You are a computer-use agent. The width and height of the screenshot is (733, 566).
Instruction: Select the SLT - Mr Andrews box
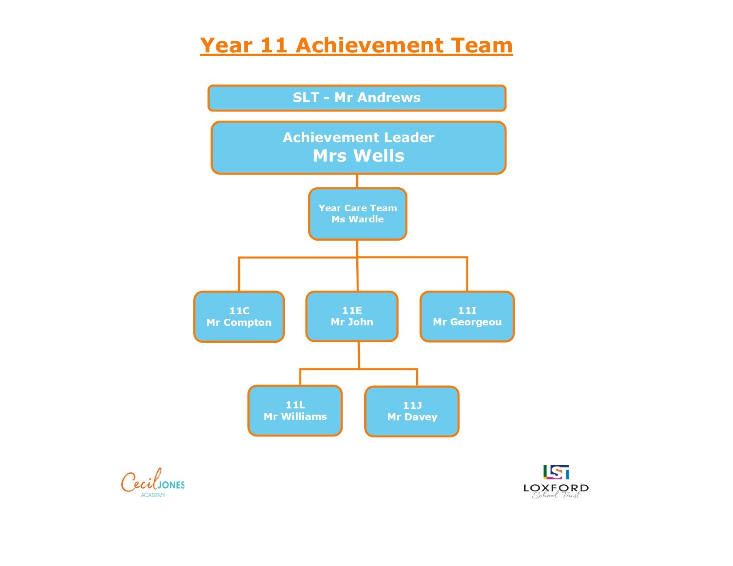pyautogui.click(x=357, y=98)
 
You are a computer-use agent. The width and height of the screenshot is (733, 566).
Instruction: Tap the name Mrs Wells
pyautogui.click(x=358, y=156)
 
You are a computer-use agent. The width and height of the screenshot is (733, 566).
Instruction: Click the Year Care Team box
pyautogui.click(x=358, y=214)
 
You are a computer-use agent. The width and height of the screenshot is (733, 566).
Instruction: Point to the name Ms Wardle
pyautogui.click(x=358, y=219)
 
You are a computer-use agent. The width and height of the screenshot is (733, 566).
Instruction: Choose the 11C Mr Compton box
pyautogui.click(x=239, y=317)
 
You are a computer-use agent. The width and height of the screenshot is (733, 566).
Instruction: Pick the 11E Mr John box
pyautogui.click(x=352, y=317)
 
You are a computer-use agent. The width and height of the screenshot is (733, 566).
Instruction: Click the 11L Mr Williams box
pyautogui.click(x=295, y=411)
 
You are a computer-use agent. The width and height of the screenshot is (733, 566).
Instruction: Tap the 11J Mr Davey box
pyautogui.click(x=412, y=412)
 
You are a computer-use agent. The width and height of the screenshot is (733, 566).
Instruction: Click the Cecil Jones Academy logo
pyautogui.click(x=153, y=483)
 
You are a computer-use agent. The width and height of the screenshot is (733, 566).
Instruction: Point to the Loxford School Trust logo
pyautogui.click(x=556, y=482)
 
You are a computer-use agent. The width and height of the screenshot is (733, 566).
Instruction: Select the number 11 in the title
pyautogui.click(x=274, y=45)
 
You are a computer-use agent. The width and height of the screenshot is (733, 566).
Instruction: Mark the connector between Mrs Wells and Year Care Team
pyautogui.click(x=357, y=181)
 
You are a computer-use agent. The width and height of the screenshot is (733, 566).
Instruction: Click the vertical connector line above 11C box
pyautogui.click(x=239, y=274)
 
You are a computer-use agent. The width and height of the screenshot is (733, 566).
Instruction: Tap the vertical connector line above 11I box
pyautogui.click(x=467, y=274)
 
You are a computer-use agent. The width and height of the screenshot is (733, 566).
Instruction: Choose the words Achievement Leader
pyautogui.click(x=358, y=138)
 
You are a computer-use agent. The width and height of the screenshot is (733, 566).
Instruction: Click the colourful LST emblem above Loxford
pyautogui.click(x=556, y=472)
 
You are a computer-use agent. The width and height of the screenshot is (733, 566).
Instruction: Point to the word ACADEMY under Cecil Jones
pyautogui.click(x=153, y=495)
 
